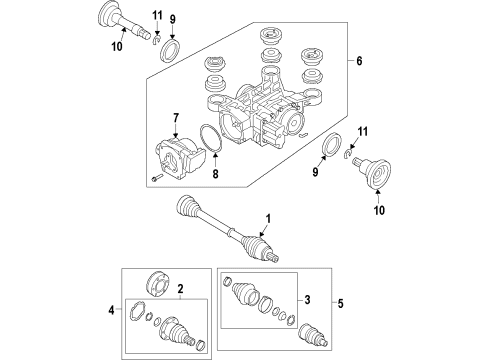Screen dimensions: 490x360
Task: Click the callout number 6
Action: [359, 61]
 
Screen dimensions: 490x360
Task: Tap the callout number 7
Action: [176, 118]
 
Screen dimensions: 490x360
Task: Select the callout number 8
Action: [215, 173]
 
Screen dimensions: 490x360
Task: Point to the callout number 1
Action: [268, 219]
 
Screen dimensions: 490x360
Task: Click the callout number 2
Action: [180, 289]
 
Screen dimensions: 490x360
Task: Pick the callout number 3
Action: [307, 300]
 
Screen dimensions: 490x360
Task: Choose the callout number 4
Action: [111, 310]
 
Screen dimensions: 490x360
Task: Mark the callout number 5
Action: [340, 304]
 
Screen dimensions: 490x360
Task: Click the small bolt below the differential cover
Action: [156, 178]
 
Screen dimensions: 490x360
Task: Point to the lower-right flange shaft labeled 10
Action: [371, 172]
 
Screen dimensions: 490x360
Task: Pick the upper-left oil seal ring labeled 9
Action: [171, 50]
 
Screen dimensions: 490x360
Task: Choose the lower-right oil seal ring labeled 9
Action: [332, 144]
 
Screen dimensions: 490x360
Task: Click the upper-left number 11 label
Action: [157, 15]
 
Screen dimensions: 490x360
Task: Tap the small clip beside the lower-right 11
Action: [348, 152]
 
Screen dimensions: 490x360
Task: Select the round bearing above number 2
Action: [158, 284]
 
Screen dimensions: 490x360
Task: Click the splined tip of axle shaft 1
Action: [274, 257]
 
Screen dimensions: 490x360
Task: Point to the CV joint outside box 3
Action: [313, 335]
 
